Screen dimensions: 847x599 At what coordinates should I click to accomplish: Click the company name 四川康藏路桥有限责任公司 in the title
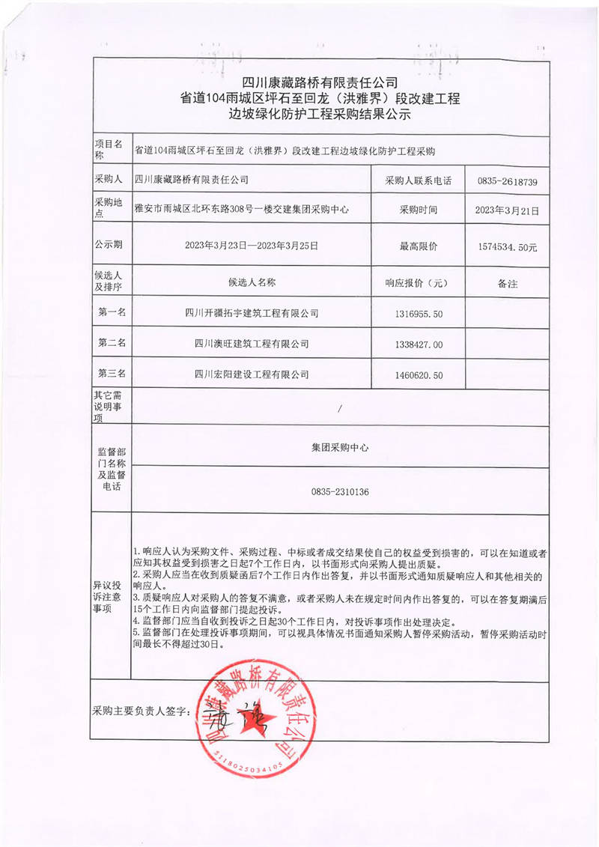click(x=320, y=82)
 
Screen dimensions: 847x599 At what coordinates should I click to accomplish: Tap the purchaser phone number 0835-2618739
click(x=507, y=182)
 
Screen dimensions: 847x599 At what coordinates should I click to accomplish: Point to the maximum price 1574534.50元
click(x=507, y=246)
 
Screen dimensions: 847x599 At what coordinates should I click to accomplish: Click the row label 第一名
click(x=112, y=312)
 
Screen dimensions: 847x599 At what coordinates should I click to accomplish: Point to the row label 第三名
click(x=112, y=374)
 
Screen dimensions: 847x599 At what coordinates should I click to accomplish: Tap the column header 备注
click(x=507, y=284)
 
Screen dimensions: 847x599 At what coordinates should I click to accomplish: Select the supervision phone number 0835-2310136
click(x=340, y=492)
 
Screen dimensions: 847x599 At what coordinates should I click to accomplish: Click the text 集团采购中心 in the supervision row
click(x=340, y=447)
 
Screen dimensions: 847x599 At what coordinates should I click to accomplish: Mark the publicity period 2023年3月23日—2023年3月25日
click(x=252, y=245)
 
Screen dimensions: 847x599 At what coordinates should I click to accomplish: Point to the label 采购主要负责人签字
click(x=142, y=710)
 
